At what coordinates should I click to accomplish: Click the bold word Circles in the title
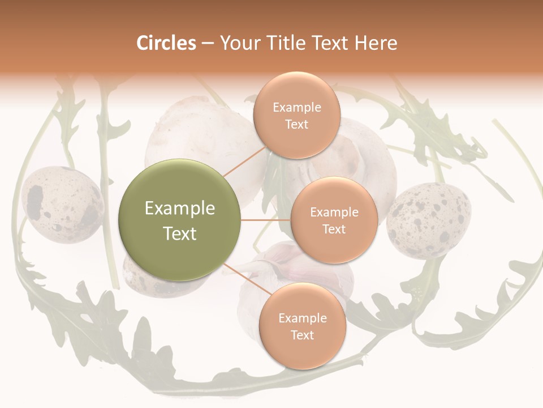166,43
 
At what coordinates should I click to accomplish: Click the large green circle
180,220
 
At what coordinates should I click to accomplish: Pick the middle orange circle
334,220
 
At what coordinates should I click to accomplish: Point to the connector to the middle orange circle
266,220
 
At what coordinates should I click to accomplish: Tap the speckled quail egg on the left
62,204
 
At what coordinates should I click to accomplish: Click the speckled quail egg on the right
429,220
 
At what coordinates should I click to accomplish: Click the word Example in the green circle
180,209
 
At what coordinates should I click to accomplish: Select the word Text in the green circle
180,233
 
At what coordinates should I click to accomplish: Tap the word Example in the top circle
296,108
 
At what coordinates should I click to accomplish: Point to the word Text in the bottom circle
302,335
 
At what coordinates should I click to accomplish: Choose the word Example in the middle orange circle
334,212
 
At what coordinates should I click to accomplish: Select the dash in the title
208,43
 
